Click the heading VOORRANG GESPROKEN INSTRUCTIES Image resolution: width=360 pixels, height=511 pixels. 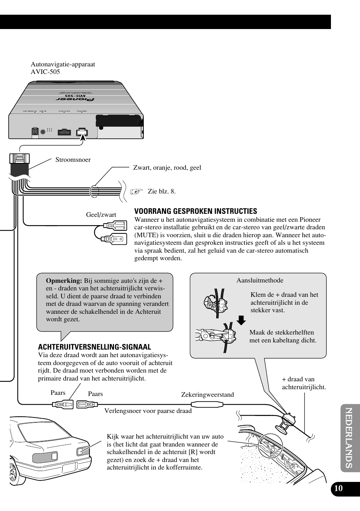(x=195, y=211)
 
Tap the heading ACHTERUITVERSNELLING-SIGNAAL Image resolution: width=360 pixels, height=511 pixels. (x=94, y=347)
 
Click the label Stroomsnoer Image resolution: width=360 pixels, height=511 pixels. (x=73, y=160)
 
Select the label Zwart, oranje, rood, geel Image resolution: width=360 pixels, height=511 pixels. (x=167, y=167)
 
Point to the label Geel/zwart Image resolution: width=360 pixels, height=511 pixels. (x=101, y=215)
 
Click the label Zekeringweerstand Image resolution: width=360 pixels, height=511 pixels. (x=207, y=394)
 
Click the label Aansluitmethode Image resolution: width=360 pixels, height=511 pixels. (x=260, y=280)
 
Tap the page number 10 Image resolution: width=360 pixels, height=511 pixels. (x=338, y=488)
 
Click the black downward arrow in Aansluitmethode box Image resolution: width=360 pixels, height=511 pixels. (x=241, y=321)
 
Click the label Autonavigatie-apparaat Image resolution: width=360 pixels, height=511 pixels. (x=63, y=64)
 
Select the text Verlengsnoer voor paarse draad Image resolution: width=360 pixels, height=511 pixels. (x=148, y=411)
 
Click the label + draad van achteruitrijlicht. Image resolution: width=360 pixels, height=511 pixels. (x=304, y=383)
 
